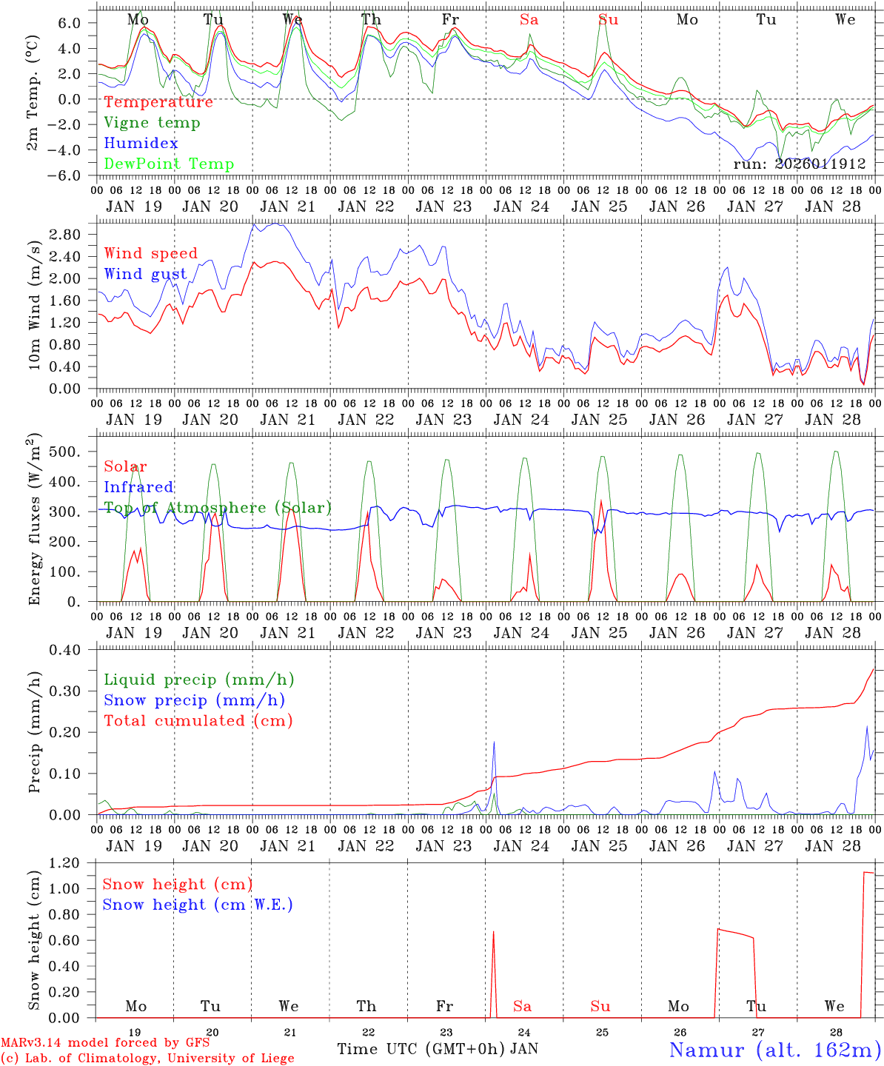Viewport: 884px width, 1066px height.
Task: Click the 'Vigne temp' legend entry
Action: [152, 123]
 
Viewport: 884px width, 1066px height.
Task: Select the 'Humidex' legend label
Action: [141, 144]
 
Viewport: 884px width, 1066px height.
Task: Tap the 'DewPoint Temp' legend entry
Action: [169, 164]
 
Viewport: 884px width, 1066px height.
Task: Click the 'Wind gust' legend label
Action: [145, 274]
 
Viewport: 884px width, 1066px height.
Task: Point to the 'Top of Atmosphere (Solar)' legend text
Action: [218, 508]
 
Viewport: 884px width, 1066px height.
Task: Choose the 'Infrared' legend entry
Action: [138, 487]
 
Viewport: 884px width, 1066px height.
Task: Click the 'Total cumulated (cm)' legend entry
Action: [198, 720]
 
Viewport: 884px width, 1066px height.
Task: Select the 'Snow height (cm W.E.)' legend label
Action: [198, 905]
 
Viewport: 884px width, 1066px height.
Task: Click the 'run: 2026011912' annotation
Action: [800, 164]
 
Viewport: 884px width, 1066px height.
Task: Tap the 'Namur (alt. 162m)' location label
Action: [774, 1050]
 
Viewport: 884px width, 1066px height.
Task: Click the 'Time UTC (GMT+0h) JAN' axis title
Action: [438, 1049]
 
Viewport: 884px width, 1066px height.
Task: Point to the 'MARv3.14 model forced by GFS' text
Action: [105, 1043]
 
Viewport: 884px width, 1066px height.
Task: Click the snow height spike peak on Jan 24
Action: [493, 932]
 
